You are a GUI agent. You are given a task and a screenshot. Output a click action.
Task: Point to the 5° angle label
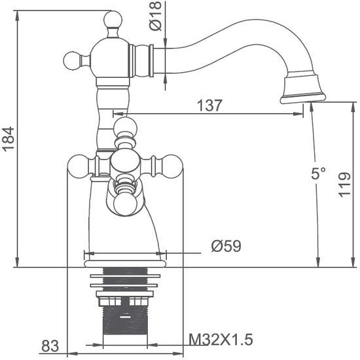[318, 174]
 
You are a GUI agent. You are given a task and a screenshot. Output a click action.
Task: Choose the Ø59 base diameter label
[226, 246]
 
